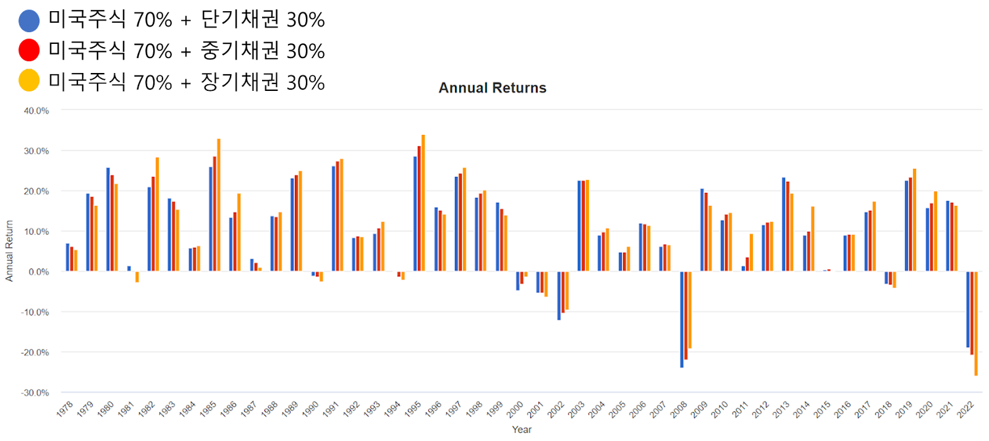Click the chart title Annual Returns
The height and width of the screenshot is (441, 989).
point(492,87)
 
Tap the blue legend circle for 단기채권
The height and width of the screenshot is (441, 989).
point(29,21)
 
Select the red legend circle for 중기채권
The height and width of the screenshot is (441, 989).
point(29,50)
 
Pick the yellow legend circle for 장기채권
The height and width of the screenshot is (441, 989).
point(29,80)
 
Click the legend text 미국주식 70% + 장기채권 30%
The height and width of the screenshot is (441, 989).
point(186,82)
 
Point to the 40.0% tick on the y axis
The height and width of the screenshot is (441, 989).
point(36,111)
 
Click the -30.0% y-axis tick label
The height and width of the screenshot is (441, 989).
point(35,392)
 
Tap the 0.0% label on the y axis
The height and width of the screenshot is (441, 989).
point(38,272)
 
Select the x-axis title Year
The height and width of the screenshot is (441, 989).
point(522,429)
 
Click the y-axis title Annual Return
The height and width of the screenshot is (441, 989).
point(9,250)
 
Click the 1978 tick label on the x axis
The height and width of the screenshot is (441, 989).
point(64,409)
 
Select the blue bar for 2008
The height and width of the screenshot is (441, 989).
point(682,320)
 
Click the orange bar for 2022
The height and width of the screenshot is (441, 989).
point(976,323)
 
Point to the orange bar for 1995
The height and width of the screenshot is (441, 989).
point(423,203)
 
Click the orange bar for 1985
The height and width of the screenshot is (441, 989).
point(219,205)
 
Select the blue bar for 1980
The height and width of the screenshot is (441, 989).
point(108,220)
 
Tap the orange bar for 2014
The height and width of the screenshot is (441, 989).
point(813,239)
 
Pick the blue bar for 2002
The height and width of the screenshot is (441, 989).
point(559,296)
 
